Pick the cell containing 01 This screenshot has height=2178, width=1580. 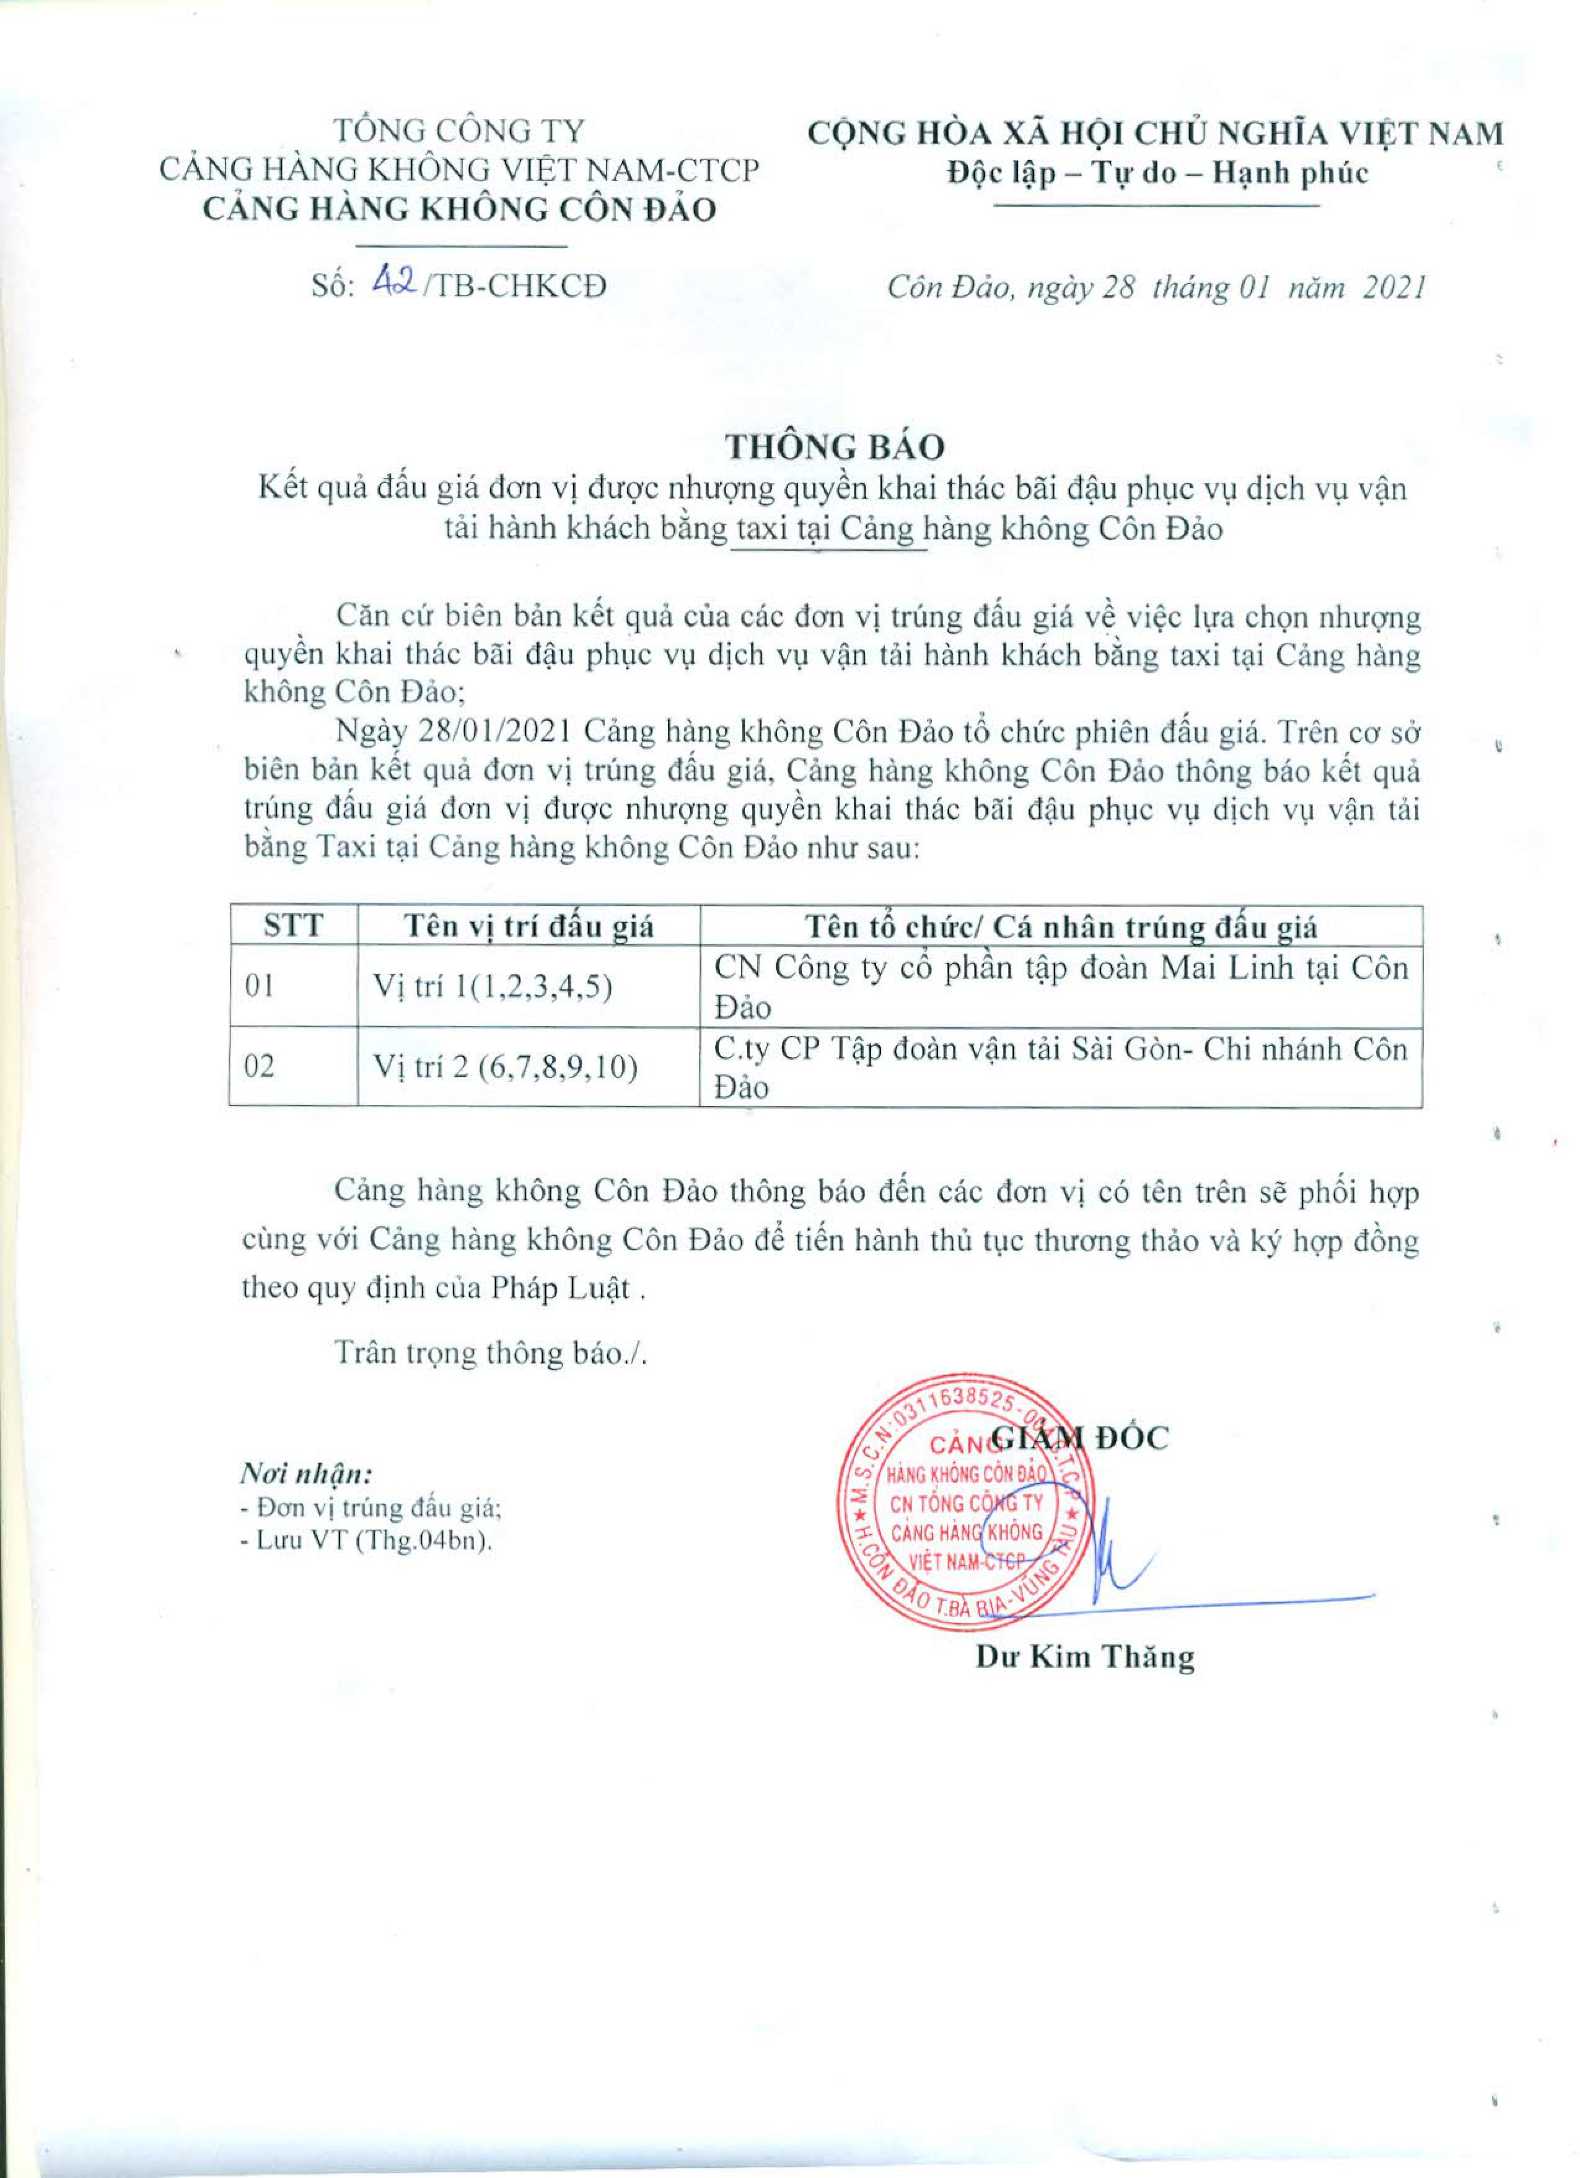coord(259,986)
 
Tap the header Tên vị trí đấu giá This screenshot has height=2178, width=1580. coord(528,927)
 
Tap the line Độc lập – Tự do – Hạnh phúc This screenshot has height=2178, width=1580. coord(1157,173)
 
